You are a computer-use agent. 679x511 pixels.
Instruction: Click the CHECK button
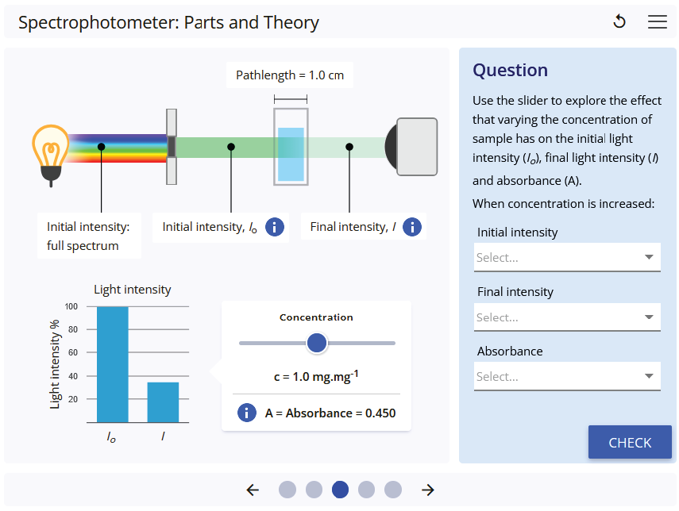tap(630, 443)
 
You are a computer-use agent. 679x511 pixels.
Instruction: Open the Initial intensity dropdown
tap(567, 257)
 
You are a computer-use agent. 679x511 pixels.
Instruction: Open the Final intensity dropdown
tap(567, 317)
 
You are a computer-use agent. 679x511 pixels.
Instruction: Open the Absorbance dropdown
tap(567, 377)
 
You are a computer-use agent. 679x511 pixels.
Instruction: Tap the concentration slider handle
tap(317, 343)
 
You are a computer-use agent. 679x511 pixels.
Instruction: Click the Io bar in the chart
tap(112, 364)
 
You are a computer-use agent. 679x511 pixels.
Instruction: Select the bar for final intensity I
tap(163, 402)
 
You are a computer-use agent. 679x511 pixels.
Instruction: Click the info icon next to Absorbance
tap(247, 413)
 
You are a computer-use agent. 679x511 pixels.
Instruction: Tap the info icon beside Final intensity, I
tap(412, 227)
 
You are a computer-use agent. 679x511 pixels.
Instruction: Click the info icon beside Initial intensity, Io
tap(274, 227)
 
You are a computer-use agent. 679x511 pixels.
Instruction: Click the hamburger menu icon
tap(658, 22)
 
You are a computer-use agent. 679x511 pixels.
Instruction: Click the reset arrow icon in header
tap(619, 22)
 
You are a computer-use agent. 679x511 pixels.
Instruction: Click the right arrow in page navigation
tap(428, 490)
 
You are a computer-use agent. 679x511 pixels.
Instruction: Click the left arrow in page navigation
tap(253, 490)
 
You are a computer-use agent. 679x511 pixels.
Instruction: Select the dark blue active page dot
tap(340, 490)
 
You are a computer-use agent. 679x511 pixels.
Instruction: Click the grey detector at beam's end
tap(415, 147)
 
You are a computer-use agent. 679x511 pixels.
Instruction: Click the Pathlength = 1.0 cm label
tap(290, 75)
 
